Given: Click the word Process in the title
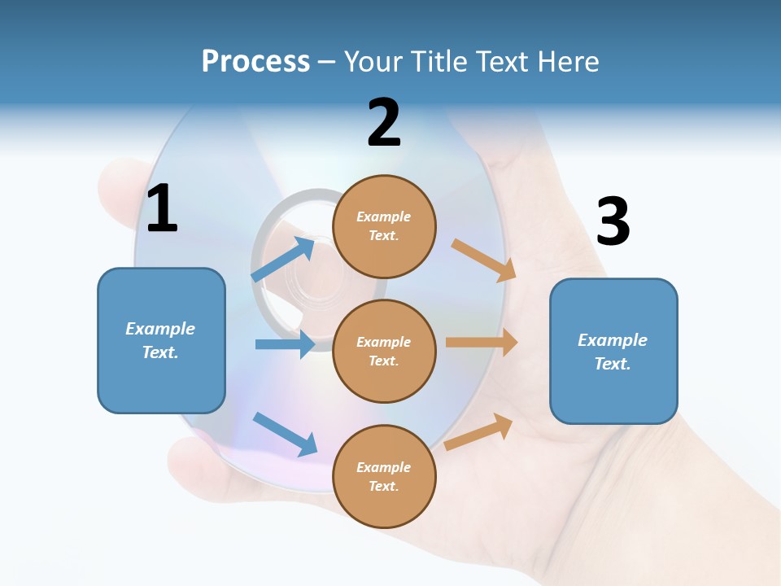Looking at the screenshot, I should pyautogui.click(x=255, y=62).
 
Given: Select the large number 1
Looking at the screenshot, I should pyautogui.click(x=162, y=209).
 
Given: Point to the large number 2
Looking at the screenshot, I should pyautogui.click(x=384, y=123).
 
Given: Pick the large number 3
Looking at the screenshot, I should pyautogui.click(x=613, y=221).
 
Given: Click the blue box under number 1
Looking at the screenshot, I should pyautogui.click(x=161, y=340).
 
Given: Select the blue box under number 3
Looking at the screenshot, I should pyautogui.click(x=613, y=351).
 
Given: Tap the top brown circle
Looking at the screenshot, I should pyautogui.click(x=384, y=226).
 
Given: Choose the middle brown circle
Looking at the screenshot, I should pyautogui.click(x=384, y=351).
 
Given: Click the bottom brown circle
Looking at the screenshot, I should pyautogui.click(x=384, y=476).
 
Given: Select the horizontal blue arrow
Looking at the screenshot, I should pyautogui.click(x=285, y=344).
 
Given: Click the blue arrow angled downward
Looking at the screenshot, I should pyautogui.click(x=286, y=433).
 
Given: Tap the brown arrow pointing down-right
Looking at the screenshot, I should pyautogui.click(x=484, y=260).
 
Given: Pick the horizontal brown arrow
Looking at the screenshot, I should pyautogui.click(x=482, y=343).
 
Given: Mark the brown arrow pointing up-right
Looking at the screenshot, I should pyautogui.click(x=479, y=432).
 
